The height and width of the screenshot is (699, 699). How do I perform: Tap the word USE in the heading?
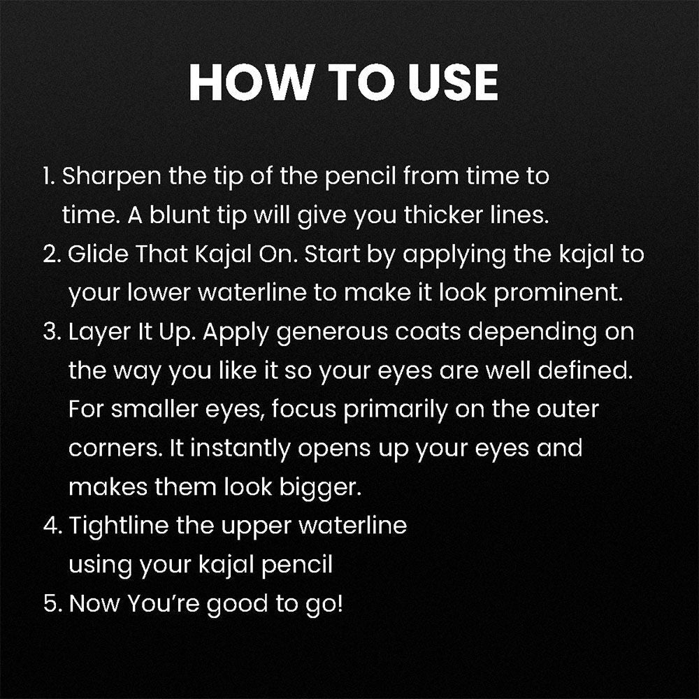[x=453, y=82]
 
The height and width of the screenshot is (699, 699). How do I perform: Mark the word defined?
[x=585, y=370]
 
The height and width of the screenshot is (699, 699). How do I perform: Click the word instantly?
[x=240, y=449]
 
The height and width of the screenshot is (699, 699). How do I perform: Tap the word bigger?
[x=320, y=488]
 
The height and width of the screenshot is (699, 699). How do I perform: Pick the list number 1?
[x=48, y=177]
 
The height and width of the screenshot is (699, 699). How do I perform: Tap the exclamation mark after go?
[x=340, y=603]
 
